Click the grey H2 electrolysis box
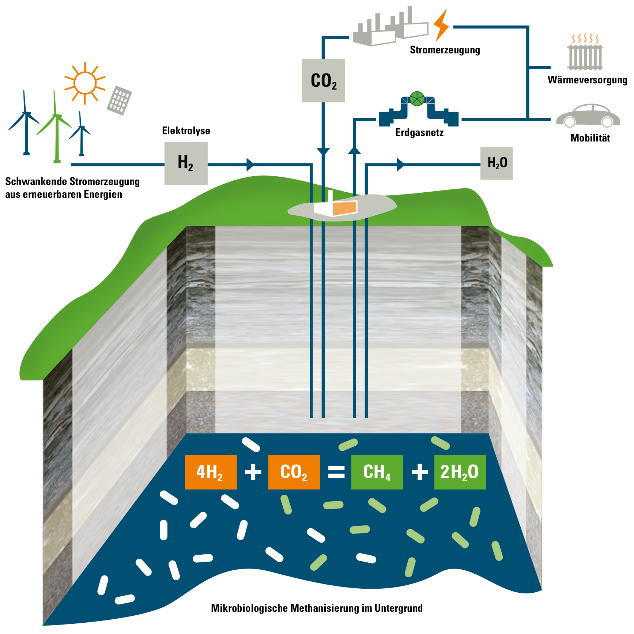[186, 163]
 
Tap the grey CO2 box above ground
[323, 81]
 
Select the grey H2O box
[497, 163]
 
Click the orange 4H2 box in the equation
[211, 472]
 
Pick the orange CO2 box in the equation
[294, 472]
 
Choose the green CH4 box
[377, 472]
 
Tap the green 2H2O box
[460, 472]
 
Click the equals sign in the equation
[336, 472]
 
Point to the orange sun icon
[85, 83]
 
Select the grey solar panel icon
[119, 100]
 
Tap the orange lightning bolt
[441, 26]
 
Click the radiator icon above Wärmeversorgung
[585, 55]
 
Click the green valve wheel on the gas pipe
[417, 99]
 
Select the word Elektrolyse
[186, 131]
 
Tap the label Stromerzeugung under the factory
[445, 50]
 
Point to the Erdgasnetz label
[419, 132]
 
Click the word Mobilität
[590, 138]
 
